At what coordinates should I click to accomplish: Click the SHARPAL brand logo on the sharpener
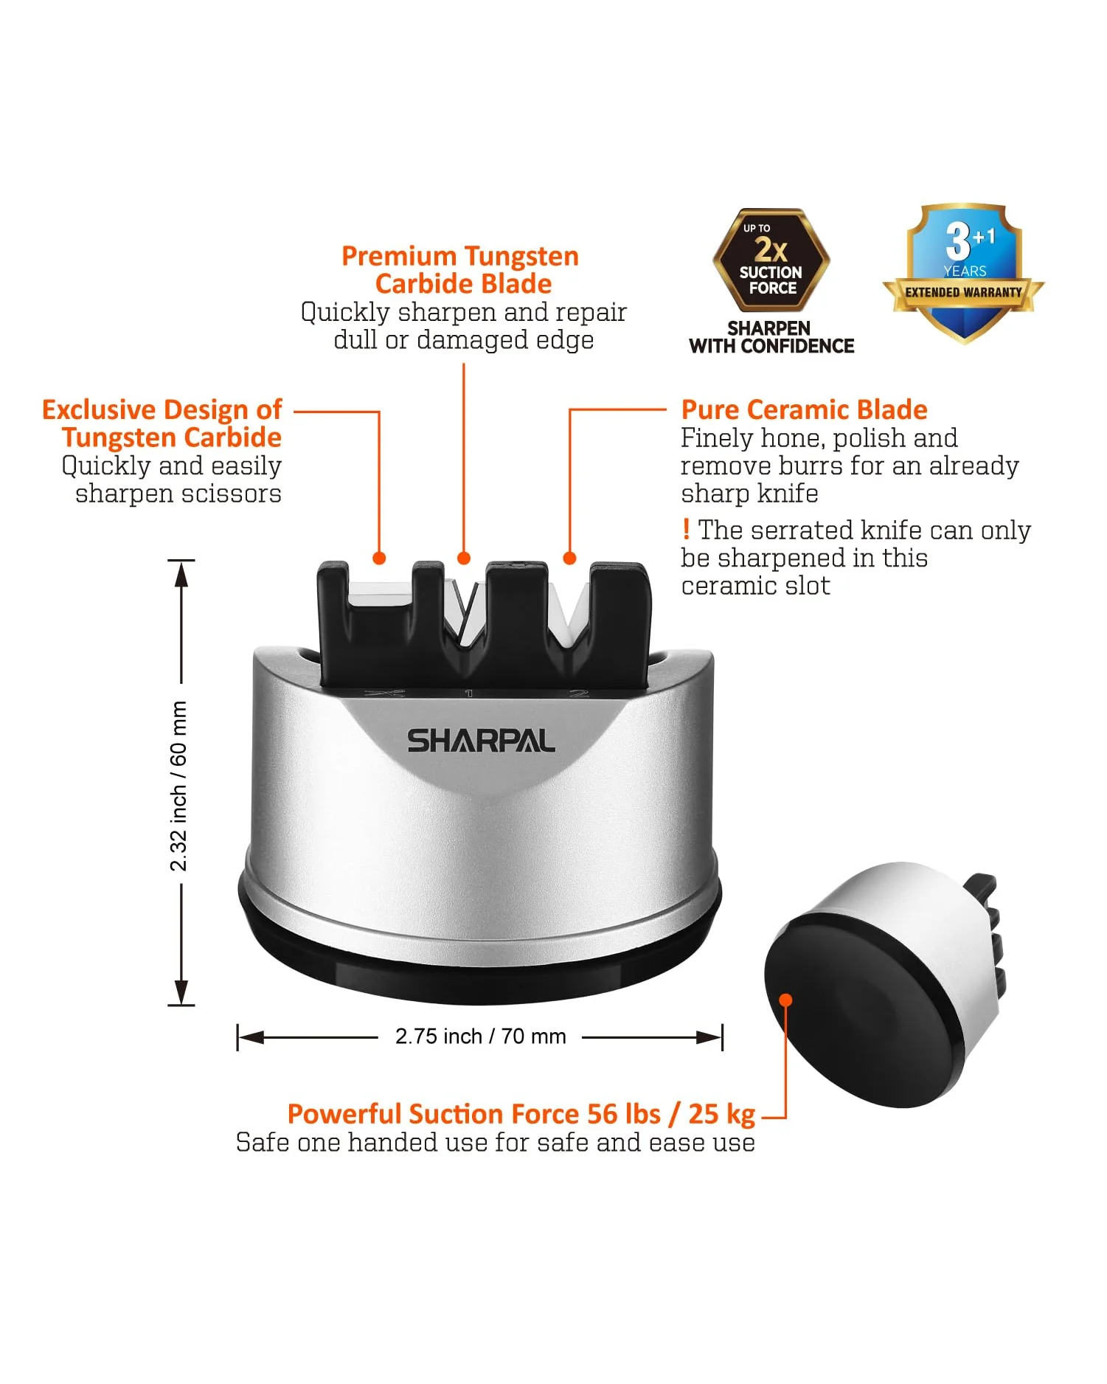click(x=481, y=741)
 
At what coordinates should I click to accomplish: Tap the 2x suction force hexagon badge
click(x=771, y=260)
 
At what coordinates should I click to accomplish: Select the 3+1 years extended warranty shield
click(x=964, y=274)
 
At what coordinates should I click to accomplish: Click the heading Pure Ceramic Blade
click(x=804, y=409)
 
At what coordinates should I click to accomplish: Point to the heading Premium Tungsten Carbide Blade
click(x=461, y=270)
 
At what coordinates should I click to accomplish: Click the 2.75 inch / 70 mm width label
click(x=480, y=1037)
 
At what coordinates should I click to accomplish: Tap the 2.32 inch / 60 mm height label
click(x=178, y=786)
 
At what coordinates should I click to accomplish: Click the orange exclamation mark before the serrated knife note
click(x=686, y=529)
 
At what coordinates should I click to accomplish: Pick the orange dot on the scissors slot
click(x=379, y=558)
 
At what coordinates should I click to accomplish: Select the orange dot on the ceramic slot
click(x=569, y=558)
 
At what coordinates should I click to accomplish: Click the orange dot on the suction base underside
click(x=785, y=1000)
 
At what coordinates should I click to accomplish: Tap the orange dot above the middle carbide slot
click(x=464, y=558)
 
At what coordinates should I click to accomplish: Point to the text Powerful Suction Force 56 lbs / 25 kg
click(x=521, y=1114)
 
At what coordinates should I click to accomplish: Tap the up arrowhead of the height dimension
click(x=181, y=574)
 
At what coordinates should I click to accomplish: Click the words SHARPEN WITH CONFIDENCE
click(x=771, y=337)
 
